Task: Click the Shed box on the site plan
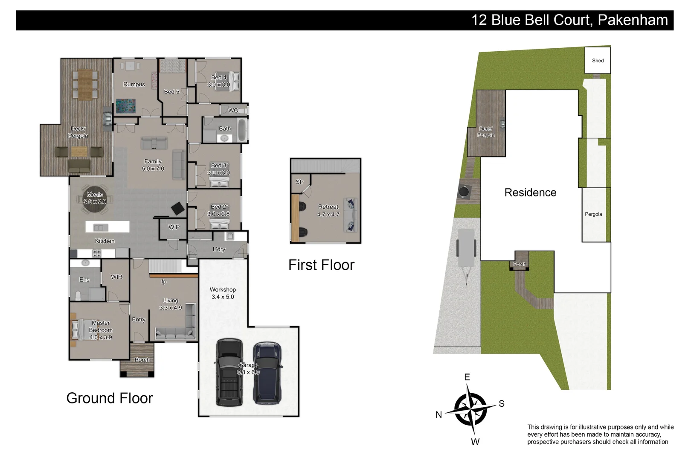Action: pos(598,60)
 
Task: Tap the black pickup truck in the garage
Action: pos(229,371)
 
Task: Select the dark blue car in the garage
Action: pos(267,372)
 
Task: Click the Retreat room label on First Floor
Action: pos(328,207)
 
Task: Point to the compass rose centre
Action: pos(470,409)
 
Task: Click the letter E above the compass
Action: pos(467,377)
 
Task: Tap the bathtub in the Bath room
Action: pos(241,130)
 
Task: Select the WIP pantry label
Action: pos(174,227)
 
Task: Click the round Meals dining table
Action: pos(95,198)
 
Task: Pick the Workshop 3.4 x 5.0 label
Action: pos(223,293)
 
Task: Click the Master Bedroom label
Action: pos(101,327)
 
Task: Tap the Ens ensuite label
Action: pos(84,280)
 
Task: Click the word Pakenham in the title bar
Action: pos(633,20)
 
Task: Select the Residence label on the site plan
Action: pos(530,193)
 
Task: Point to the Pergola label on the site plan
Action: pos(593,214)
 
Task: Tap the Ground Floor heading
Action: pos(110,398)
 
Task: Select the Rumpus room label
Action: pos(134,85)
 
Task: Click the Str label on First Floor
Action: pos(299,182)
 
